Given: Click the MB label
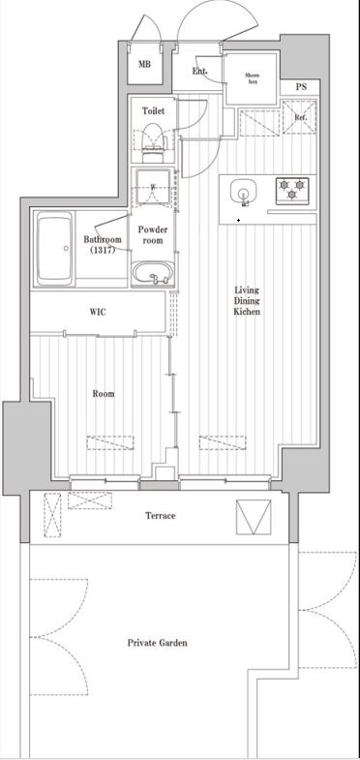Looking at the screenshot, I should pos(144,65).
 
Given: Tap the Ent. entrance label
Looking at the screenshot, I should pos(200,71).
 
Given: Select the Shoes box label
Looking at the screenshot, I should pos(251,77).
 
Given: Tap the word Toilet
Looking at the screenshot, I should pos(153,111).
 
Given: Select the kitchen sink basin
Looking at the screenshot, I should pos(243,194).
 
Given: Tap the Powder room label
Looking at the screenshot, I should pos(153,235).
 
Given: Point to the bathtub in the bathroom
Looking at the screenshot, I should pos(57,249).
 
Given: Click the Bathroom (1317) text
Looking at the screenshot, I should pos(100,244).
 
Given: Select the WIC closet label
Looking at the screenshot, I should pos(98,313).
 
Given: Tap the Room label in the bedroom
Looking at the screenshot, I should pos(104,394).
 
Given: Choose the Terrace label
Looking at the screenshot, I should pos(160,515).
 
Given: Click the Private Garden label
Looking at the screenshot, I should pos(157,643).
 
